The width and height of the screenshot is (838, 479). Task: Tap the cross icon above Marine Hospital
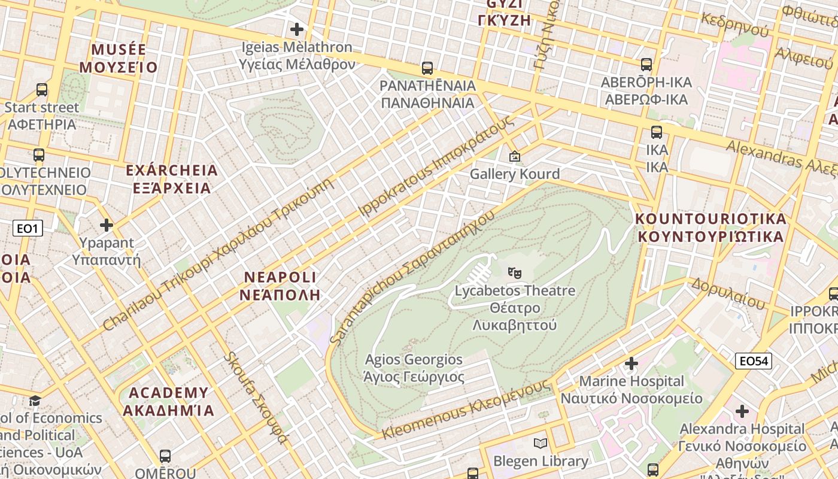(631, 363)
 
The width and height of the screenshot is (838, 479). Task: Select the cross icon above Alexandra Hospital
(742, 411)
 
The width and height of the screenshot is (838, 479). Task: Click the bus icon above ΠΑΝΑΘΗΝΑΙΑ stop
(427, 68)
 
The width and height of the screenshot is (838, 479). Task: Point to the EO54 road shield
(754, 361)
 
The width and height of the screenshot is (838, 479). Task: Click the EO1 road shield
(28, 228)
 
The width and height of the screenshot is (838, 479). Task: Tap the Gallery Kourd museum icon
(514, 156)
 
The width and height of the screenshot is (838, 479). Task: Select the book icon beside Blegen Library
(541, 444)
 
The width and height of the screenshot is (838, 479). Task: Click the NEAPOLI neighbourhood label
(280, 286)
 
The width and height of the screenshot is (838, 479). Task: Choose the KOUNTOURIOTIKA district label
(711, 227)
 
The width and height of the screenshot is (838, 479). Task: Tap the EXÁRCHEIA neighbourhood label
(172, 179)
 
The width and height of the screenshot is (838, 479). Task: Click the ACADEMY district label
(169, 401)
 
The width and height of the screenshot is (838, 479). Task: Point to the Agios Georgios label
(414, 368)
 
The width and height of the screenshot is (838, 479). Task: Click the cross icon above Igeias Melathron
(296, 29)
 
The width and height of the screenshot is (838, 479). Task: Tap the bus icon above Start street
(41, 90)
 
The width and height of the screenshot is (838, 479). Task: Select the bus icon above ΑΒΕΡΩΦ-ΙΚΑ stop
(646, 65)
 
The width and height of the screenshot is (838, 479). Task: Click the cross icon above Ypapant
(107, 225)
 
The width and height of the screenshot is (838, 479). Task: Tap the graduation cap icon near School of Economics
(35, 400)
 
